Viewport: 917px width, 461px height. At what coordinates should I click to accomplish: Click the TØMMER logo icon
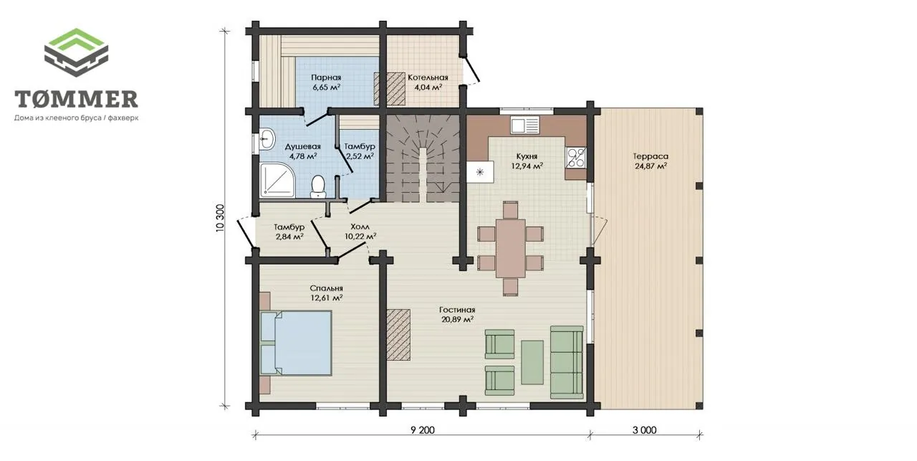(x=76, y=52)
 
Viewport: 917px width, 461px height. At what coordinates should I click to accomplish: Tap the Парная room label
(x=326, y=77)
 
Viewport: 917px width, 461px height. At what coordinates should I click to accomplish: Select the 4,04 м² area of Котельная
(x=428, y=87)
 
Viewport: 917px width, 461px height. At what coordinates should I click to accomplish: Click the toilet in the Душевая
(x=317, y=187)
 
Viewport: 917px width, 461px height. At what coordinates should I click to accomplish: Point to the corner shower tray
(x=277, y=179)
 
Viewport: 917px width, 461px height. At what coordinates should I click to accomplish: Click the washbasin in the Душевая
(x=267, y=139)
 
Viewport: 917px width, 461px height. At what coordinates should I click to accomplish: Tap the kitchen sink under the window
(x=525, y=125)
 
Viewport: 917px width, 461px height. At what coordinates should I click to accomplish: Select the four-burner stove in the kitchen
(x=576, y=158)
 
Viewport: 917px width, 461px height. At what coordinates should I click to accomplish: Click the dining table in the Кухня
(x=511, y=248)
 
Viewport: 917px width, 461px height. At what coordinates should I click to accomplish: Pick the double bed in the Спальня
(x=296, y=343)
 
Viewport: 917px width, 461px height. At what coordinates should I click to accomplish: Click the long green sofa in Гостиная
(x=567, y=362)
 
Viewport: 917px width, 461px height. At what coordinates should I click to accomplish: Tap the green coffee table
(x=532, y=362)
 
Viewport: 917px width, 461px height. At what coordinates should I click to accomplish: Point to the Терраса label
(x=650, y=156)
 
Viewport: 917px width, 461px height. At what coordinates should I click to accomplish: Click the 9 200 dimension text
(x=423, y=430)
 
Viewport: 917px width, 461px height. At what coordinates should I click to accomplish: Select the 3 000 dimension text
(x=644, y=430)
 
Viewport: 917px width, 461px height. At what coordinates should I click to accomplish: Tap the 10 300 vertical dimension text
(x=220, y=218)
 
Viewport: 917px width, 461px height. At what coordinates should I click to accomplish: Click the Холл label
(x=360, y=227)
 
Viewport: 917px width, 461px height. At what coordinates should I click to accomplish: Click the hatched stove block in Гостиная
(x=398, y=334)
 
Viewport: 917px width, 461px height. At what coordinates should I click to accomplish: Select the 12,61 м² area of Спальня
(x=327, y=298)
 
